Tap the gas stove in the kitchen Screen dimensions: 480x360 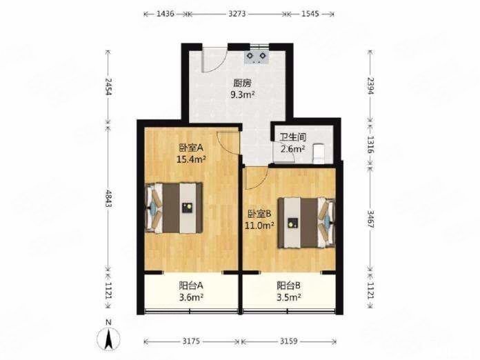point(257,57)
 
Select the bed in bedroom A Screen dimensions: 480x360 point(174,208)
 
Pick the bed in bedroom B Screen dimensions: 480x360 point(306,223)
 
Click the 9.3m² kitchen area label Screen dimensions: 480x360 point(243,95)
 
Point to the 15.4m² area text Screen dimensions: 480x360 point(191,159)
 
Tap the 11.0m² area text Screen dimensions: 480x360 point(259,226)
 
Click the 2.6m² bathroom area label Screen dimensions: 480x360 point(292,149)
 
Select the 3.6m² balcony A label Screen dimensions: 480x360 point(192,297)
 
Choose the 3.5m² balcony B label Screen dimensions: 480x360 point(288,297)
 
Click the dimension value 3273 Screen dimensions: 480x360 point(237,14)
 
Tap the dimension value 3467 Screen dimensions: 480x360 point(370,219)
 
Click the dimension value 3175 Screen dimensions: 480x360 point(191,341)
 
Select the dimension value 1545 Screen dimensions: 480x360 point(310,14)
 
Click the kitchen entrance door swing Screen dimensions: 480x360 point(214,60)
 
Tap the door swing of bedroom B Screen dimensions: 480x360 point(257,177)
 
